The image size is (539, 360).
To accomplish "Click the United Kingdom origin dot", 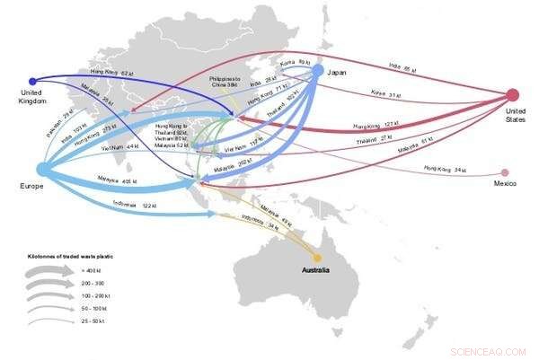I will [x=33, y=81].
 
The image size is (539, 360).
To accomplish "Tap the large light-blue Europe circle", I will [x=43, y=170].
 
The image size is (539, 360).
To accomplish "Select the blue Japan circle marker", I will [x=317, y=70].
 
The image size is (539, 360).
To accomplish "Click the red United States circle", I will [x=513, y=94].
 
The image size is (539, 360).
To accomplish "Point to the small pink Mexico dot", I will [x=505, y=172].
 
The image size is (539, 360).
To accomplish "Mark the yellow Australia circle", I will [x=317, y=258].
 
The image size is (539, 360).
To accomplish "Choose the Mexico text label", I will [x=504, y=185].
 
